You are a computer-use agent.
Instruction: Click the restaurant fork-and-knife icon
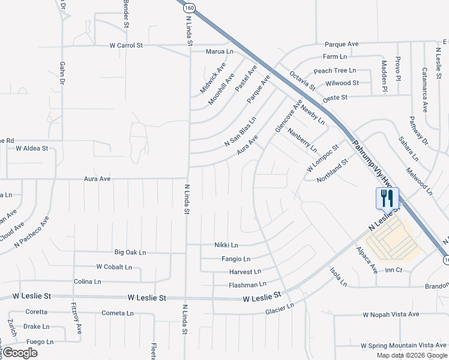point(387,197)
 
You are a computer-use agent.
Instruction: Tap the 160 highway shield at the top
point(190,7)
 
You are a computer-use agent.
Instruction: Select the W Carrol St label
point(125,46)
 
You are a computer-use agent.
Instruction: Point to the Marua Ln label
point(219,52)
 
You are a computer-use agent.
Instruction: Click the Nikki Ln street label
point(226,245)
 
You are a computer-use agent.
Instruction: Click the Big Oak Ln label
point(130,253)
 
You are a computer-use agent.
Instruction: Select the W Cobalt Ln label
point(113,266)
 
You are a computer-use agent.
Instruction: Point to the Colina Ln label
point(87,281)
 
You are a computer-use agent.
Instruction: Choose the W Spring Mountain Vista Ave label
point(404,346)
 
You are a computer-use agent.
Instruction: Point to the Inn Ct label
point(393,271)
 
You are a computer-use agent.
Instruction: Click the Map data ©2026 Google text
point(411,355)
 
